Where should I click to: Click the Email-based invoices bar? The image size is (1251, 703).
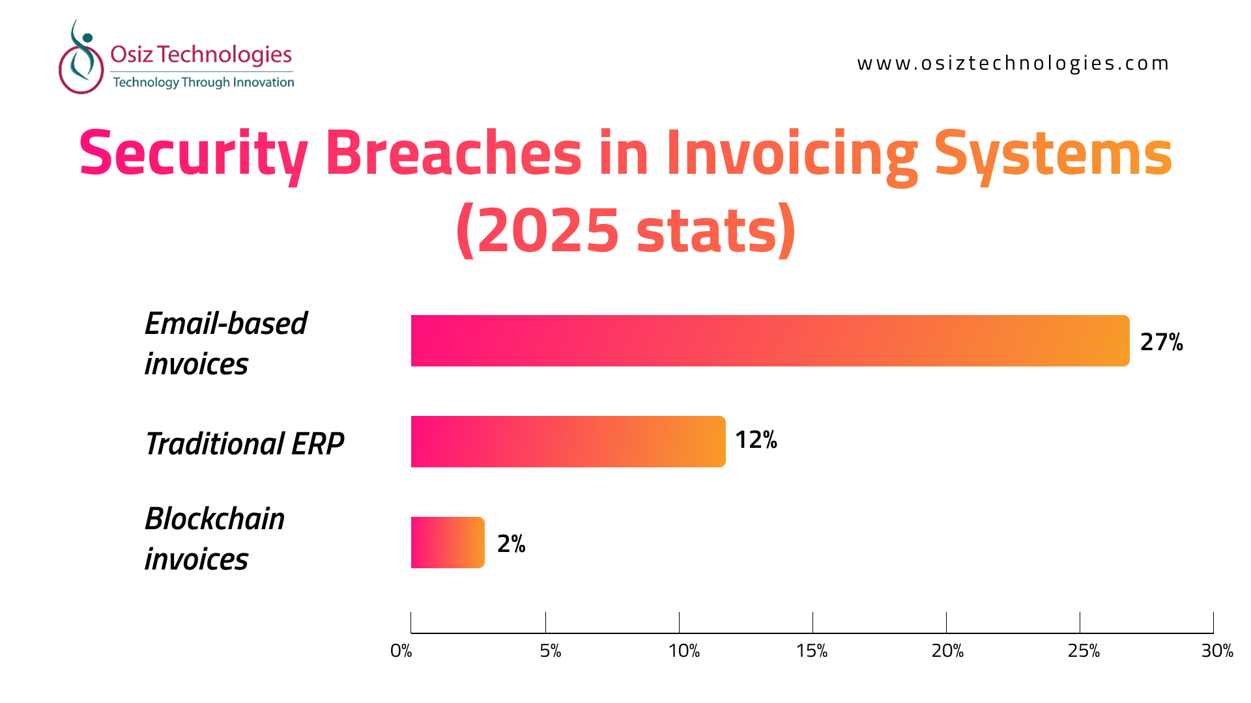pyautogui.click(x=770, y=341)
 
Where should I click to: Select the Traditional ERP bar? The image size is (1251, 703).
pyautogui.click(x=568, y=442)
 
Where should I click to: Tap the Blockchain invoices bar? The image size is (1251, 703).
pyautogui.click(x=448, y=543)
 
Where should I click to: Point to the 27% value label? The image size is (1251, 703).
pyautogui.click(x=1162, y=342)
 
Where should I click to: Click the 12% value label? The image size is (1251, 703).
pyautogui.click(x=756, y=440)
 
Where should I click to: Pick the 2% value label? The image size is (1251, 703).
pyautogui.click(x=511, y=544)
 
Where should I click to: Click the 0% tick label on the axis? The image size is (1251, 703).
pyautogui.click(x=401, y=651)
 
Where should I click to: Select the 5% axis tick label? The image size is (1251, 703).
pyautogui.click(x=551, y=651)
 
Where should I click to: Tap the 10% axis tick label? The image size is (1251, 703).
pyautogui.click(x=684, y=651)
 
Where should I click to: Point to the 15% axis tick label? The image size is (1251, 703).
pyautogui.click(x=812, y=651)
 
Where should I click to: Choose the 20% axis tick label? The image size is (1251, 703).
pyautogui.click(x=948, y=651)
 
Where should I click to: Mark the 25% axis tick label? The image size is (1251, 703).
pyautogui.click(x=1084, y=651)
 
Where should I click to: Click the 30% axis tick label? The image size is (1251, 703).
pyautogui.click(x=1218, y=651)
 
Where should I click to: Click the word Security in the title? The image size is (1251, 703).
pyautogui.click(x=194, y=155)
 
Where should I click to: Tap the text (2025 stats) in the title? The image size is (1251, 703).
pyautogui.click(x=625, y=230)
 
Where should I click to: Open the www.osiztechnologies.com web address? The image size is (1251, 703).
pyautogui.click(x=1013, y=63)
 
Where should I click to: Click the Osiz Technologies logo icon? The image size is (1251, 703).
pyautogui.click(x=81, y=57)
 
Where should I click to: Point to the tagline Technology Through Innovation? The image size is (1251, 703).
pyautogui.click(x=203, y=82)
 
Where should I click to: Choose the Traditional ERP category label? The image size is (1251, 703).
pyautogui.click(x=244, y=444)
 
